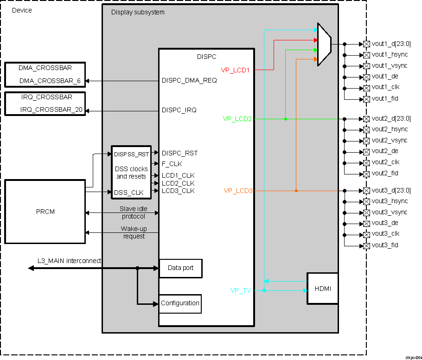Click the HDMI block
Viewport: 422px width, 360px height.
(323, 289)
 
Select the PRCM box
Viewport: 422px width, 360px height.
(45, 212)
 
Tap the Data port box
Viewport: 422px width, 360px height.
(180, 268)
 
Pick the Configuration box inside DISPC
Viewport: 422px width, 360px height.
(180, 303)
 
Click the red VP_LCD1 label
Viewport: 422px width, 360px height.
(236, 70)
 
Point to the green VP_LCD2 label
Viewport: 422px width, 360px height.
(237, 119)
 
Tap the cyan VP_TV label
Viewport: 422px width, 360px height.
(241, 290)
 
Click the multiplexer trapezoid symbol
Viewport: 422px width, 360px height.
(324, 45)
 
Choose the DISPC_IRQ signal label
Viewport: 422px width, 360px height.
(179, 110)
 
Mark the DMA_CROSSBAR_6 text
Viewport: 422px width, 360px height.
(50, 81)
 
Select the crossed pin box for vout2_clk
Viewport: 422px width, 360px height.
(366, 163)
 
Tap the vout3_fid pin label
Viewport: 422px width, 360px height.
(385, 245)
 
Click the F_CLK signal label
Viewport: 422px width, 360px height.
(172, 164)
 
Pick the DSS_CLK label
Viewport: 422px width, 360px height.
(128, 192)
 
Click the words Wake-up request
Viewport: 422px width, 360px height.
(134, 232)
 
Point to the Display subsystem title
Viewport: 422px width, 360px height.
(138, 12)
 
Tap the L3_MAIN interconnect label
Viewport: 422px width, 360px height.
(69, 261)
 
